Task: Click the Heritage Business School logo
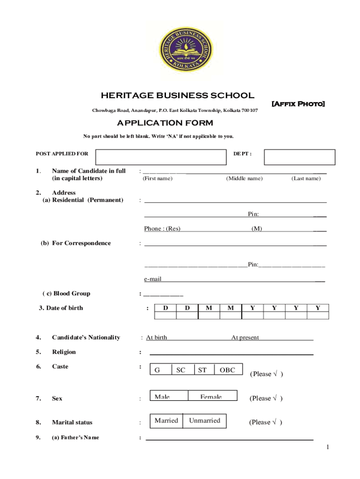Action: point(185,47)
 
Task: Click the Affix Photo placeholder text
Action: point(298,103)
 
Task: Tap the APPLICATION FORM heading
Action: point(165,123)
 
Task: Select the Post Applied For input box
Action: point(160,157)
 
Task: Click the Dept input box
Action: point(299,157)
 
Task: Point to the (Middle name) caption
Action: point(244,178)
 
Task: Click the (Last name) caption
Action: point(306,178)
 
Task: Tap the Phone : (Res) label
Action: point(162,229)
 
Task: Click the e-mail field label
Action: point(153,279)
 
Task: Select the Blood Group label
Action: point(66,294)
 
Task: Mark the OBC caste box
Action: point(229,370)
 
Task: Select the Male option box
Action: point(168,396)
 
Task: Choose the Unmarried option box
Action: point(204,421)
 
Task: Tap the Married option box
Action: point(166,421)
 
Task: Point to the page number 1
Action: point(328,448)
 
